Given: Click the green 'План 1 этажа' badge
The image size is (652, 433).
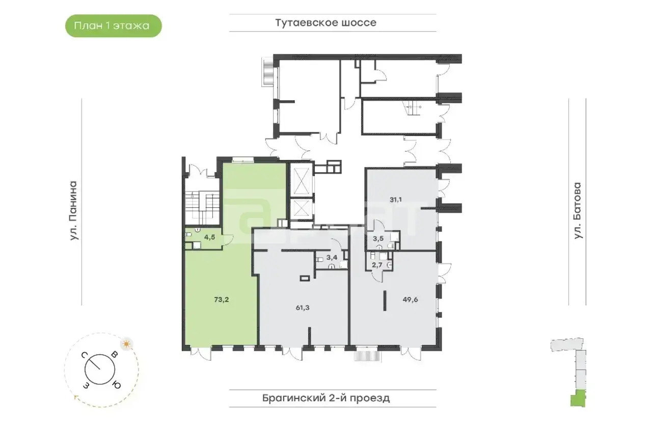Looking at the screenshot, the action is [x=113, y=26].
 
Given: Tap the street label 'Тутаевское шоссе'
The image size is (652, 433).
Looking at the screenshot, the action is [x=325, y=23].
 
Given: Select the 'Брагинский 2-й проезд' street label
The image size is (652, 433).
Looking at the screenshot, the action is [x=326, y=398].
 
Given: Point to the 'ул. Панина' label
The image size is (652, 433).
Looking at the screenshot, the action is [x=74, y=211].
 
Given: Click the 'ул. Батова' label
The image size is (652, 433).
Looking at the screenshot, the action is [x=577, y=211].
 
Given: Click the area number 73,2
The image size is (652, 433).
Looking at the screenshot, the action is [x=222, y=300].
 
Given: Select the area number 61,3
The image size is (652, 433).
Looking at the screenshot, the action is [x=303, y=308].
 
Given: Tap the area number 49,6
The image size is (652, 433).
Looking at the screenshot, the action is [x=411, y=300].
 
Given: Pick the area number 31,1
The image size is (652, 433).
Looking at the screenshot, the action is [x=396, y=200].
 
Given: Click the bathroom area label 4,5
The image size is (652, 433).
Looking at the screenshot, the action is [x=209, y=237].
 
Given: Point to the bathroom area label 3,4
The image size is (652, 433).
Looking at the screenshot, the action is [x=332, y=257].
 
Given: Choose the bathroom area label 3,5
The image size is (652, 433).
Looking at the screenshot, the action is [x=378, y=238].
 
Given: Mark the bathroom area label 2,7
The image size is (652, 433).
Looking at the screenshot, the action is [x=377, y=265].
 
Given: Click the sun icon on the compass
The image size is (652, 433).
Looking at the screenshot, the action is [x=126, y=344].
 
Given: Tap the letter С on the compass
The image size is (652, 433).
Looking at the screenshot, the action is [x=84, y=355].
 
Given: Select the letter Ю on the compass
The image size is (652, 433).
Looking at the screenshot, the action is [x=117, y=385].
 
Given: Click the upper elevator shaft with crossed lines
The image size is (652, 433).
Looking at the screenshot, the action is [x=301, y=181].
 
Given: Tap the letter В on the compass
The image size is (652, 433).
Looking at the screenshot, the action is [x=115, y=355].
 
